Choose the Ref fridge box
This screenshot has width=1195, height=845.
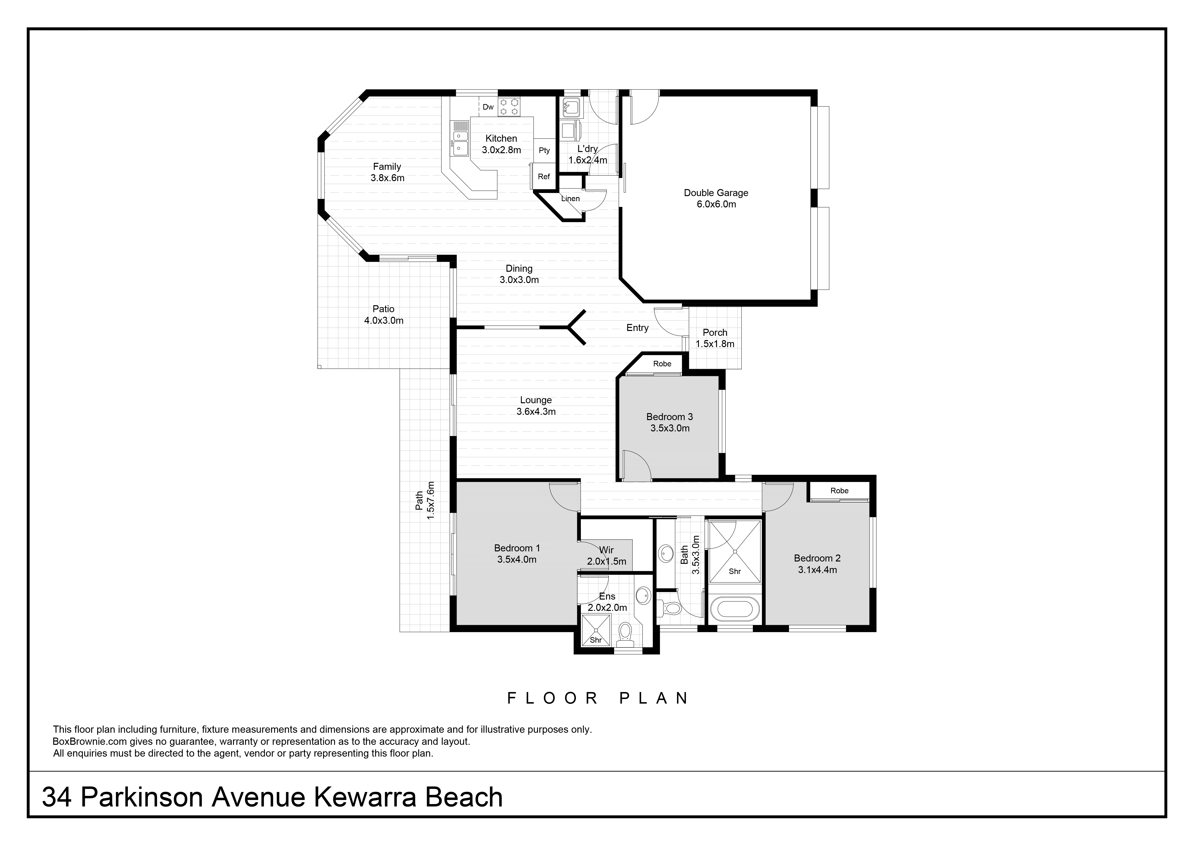[544, 177]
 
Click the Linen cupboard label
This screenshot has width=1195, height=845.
[571, 198]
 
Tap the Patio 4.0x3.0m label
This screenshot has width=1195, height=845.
[384, 315]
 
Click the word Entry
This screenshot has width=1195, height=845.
[637, 328]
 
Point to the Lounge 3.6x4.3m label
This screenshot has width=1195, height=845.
[536, 406]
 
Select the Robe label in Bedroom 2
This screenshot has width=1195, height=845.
[840, 490]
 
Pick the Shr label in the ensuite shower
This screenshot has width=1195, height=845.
[596, 640]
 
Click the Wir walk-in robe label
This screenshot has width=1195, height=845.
[606, 550]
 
